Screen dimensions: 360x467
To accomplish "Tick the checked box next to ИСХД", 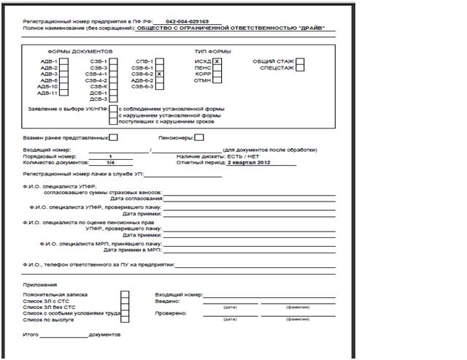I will point(217,62).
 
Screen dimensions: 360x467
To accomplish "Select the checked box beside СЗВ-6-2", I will point(158,74).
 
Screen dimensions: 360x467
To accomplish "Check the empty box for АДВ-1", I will point(63,62).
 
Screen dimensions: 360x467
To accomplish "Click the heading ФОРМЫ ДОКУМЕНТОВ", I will point(80,53).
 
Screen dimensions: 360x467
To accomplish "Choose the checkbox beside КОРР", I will point(217,74).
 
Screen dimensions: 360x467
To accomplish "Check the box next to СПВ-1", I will point(158,61).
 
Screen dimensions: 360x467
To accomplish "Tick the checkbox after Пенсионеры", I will point(199,137).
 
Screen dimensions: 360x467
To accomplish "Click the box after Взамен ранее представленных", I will point(113,137).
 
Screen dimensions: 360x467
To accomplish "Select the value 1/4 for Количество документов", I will point(110,163).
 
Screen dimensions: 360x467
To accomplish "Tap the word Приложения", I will point(39,285).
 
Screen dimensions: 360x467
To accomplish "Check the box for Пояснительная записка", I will point(125,294).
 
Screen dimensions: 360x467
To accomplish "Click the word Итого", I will point(31,334).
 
